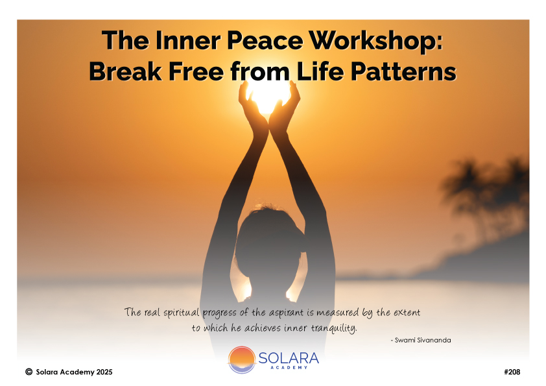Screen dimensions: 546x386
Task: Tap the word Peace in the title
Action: [x=265, y=41]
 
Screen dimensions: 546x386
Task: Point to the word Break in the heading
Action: [x=126, y=71]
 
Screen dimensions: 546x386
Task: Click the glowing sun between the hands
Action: [x=268, y=96]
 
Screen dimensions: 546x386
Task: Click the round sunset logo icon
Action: [x=242, y=359]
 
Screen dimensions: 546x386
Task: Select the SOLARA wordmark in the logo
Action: [x=289, y=359]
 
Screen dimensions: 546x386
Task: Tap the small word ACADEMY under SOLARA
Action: [x=289, y=367]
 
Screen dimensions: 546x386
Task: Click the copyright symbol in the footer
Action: [x=29, y=372]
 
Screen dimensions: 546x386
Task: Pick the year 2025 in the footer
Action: [x=104, y=372]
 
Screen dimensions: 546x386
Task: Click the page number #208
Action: [x=512, y=372]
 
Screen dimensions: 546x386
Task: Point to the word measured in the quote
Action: [x=337, y=313]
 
